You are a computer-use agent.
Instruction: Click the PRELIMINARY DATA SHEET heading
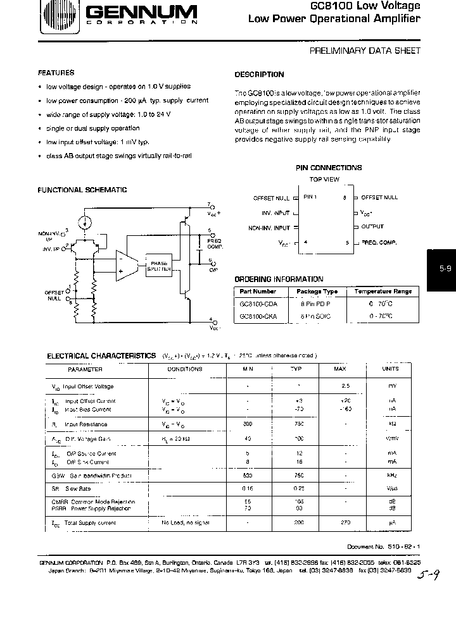click(365, 51)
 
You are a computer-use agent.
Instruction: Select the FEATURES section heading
click(56, 73)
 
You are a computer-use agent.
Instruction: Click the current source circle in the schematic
click(83, 223)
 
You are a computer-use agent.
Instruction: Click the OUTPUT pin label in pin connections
click(372, 226)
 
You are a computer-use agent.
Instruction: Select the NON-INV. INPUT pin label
click(269, 228)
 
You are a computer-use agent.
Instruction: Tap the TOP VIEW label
click(324, 180)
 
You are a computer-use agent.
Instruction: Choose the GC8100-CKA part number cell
click(255, 316)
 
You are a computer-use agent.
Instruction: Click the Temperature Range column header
click(383, 292)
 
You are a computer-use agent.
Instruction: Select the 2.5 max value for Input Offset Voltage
click(346, 386)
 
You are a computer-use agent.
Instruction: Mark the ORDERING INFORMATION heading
click(279, 279)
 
